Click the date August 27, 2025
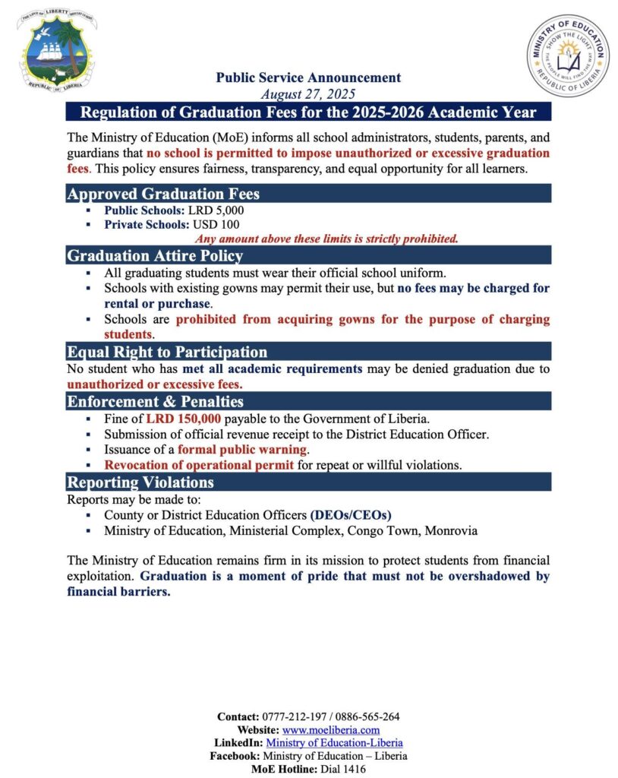point(308,94)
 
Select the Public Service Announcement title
point(308,77)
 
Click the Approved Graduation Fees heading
point(163,194)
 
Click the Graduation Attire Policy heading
point(155,256)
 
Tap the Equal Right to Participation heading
point(167,352)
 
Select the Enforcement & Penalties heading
point(155,401)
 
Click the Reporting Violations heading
point(140,482)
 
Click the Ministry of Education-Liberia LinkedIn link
point(334,742)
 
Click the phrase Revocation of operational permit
point(199,464)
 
